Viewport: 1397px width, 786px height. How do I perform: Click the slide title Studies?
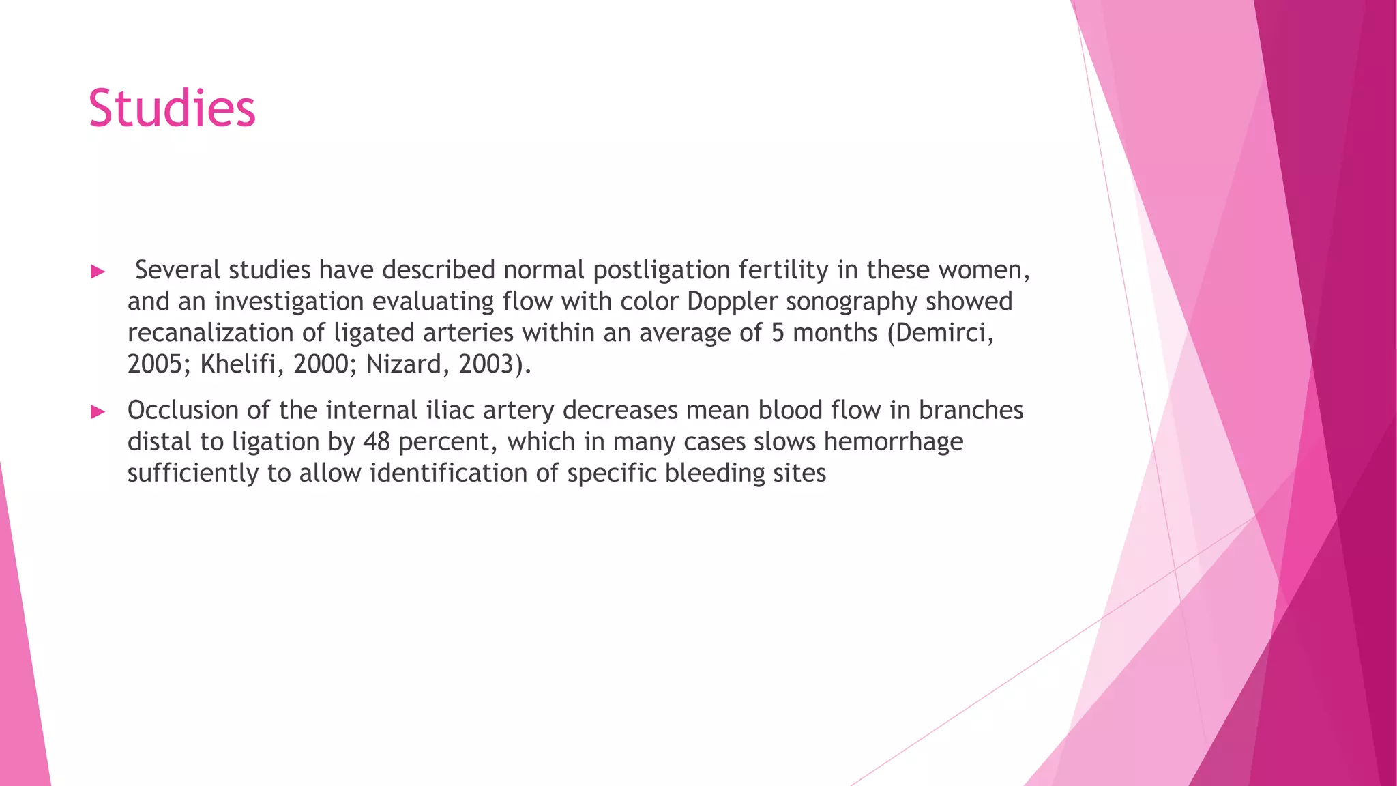click(x=172, y=109)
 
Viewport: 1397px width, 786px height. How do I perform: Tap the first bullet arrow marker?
click(x=98, y=272)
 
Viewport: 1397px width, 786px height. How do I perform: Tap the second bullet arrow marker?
click(x=98, y=411)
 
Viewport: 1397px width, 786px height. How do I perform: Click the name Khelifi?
click(x=237, y=364)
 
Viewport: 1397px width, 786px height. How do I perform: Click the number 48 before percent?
click(x=376, y=441)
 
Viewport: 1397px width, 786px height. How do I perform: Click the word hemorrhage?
click(x=893, y=441)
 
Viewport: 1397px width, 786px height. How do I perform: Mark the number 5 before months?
click(x=778, y=333)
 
